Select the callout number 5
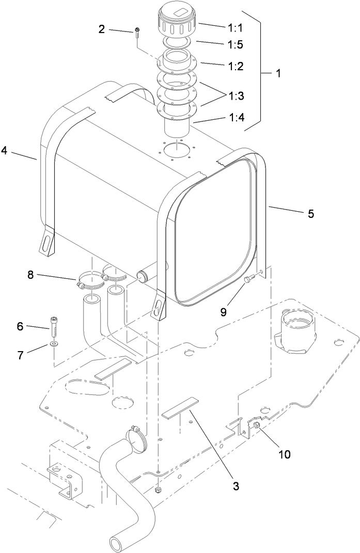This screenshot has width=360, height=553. [310, 213]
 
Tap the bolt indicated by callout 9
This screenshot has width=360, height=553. [249, 279]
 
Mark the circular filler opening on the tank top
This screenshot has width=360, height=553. [176, 149]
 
